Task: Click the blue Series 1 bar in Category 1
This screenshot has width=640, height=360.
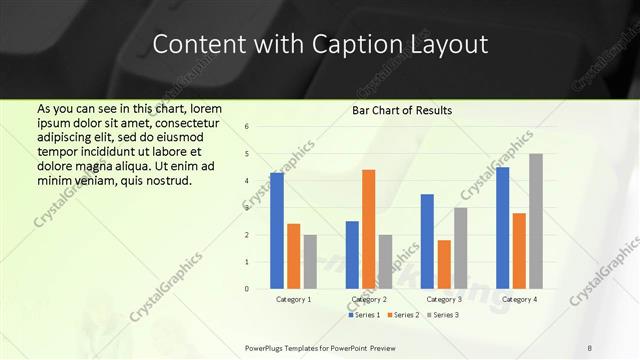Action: click(x=277, y=231)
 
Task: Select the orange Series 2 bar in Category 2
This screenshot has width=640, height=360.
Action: click(x=368, y=229)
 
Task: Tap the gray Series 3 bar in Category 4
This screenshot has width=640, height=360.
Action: click(x=536, y=221)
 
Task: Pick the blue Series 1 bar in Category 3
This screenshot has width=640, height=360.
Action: click(x=427, y=241)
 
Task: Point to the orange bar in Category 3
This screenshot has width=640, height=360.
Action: click(x=444, y=264)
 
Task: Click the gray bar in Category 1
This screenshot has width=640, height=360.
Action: click(x=310, y=262)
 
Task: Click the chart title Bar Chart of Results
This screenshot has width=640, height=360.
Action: click(x=402, y=110)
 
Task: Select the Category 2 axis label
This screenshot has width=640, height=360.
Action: click(x=369, y=299)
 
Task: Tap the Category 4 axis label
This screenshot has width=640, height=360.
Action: click(x=519, y=299)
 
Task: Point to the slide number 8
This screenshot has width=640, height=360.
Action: click(x=589, y=347)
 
